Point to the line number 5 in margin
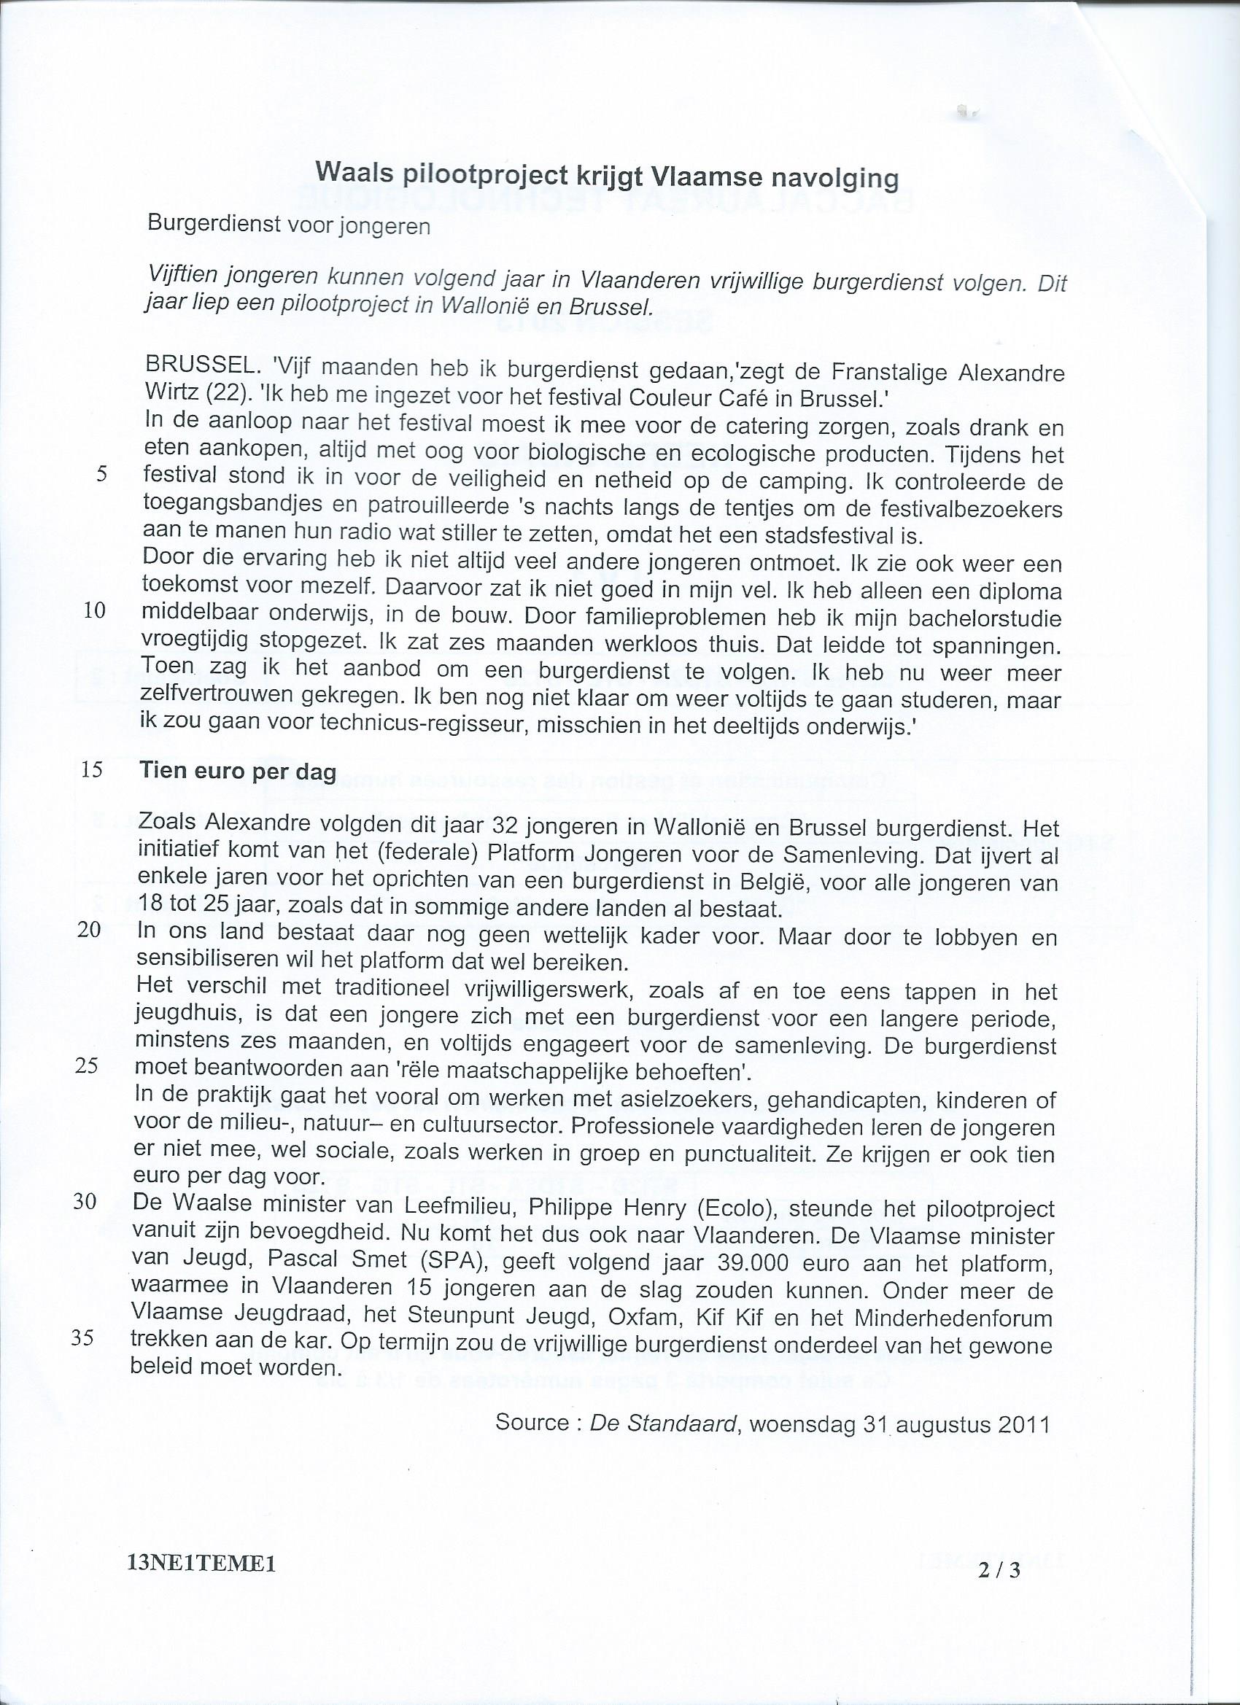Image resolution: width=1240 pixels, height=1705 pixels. pos(102,474)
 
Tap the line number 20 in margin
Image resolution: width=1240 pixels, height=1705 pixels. pos(90,930)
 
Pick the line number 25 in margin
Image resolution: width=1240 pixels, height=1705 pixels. pos(88,1068)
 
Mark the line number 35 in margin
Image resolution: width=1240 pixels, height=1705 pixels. pos(84,1338)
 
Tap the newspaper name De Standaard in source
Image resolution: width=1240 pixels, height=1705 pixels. pos(662,1423)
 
